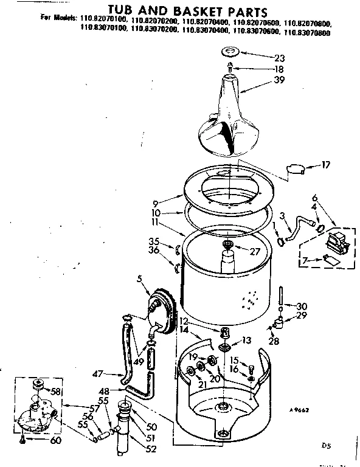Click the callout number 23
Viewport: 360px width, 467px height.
point(280,58)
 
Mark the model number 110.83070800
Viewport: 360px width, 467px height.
point(308,34)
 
